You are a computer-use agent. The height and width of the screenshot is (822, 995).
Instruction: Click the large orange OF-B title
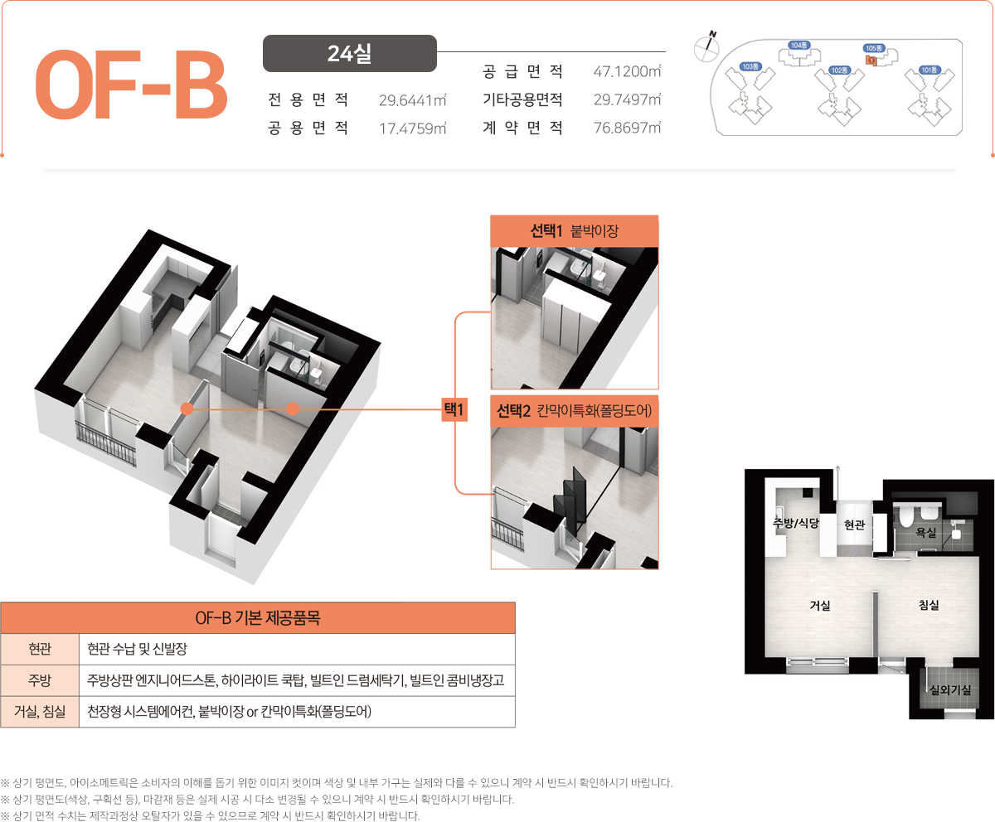(131, 85)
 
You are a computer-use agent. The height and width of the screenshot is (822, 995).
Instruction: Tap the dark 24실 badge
(350, 53)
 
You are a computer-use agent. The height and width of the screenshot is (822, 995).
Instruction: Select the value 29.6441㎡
(413, 100)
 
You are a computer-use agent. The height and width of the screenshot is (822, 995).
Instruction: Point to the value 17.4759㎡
(413, 128)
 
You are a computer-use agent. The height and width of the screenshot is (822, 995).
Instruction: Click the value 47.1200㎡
(627, 71)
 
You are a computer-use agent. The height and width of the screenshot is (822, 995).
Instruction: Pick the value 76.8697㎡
(627, 128)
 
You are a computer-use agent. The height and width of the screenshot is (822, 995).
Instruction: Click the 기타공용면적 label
(522, 99)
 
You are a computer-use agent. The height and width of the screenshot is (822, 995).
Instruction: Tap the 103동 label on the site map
(750, 66)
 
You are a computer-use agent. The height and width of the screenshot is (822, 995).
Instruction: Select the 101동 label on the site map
(929, 70)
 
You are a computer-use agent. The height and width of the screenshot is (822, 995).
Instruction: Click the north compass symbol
(706, 46)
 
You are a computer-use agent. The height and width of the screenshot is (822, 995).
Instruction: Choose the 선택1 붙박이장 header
(575, 231)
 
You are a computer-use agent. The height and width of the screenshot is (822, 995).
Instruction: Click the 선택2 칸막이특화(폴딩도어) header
(575, 410)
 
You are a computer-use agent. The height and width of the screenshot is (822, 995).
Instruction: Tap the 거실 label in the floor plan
(820, 605)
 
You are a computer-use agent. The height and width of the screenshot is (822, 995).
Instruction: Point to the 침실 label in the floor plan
(929, 605)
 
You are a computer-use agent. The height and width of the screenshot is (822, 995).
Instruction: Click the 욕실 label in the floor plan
(926, 532)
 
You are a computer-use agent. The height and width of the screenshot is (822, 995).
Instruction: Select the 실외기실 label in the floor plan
(951, 689)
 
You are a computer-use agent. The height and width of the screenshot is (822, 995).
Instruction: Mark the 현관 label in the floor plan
(854, 525)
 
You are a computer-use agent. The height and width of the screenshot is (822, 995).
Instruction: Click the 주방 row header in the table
(40, 680)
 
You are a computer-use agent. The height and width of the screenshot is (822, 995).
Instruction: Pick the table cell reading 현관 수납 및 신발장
(138, 649)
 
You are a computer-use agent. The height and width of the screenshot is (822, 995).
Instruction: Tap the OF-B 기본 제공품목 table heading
(258, 617)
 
